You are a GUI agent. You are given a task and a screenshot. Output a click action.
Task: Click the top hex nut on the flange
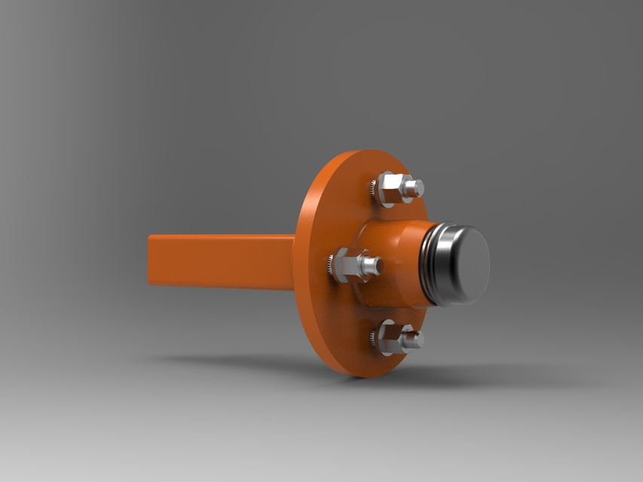pyautogui.click(x=389, y=189)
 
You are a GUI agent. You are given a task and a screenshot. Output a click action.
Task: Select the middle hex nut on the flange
pyautogui.click(x=348, y=265)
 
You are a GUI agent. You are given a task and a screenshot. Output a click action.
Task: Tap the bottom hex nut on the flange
pyautogui.click(x=390, y=338)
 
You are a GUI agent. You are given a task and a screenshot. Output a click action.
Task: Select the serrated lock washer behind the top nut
pyautogui.click(x=373, y=190)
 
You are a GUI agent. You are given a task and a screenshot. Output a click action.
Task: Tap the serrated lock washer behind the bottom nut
pyautogui.click(x=374, y=338)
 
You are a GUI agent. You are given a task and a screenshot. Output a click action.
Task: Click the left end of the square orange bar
pyautogui.click(x=150, y=260)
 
